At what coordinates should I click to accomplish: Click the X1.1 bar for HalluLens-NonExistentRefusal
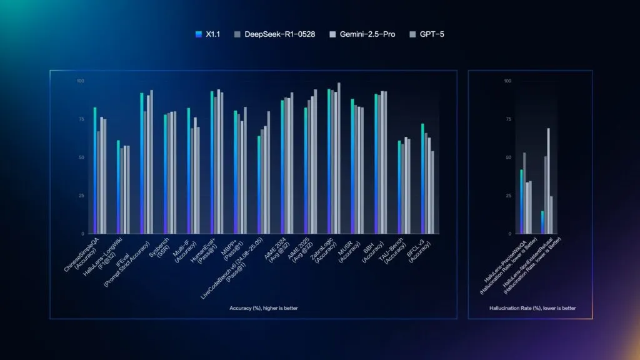click(x=542, y=222)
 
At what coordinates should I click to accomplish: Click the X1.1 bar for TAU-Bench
click(x=399, y=187)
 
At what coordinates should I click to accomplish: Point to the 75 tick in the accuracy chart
click(x=80, y=119)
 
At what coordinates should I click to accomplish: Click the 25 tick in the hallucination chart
click(x=507, y=196)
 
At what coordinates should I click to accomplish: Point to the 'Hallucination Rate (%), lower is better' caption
click(x=532, y=308)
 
